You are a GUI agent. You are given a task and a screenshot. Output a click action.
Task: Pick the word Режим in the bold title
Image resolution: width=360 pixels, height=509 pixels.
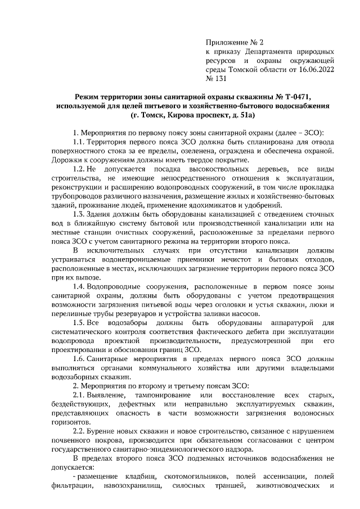pyautogui.click(x=88, y=97)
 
